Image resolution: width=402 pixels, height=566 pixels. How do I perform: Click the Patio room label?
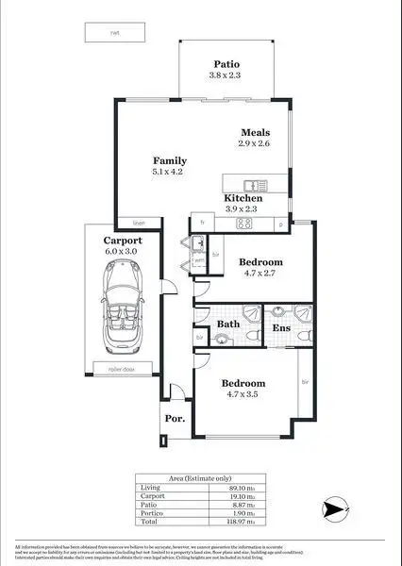(x=226, y=62)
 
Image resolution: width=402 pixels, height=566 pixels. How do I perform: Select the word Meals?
(x=255, y=132)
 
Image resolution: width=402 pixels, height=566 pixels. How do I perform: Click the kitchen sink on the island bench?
(x=252, y=184)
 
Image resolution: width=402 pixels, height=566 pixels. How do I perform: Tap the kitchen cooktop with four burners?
(x=243, y=224)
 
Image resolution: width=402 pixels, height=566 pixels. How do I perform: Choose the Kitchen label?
(x=243, y=199)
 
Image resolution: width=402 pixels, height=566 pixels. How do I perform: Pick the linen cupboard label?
(x=139, y=223)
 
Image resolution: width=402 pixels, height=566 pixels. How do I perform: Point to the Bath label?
(x=228, y=325)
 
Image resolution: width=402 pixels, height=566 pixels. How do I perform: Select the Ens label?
(x=281, y=327)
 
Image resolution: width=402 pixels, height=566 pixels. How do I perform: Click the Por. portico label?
(x=174, y=418)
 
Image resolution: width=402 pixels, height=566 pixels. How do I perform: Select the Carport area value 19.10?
(x=240, y=496)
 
